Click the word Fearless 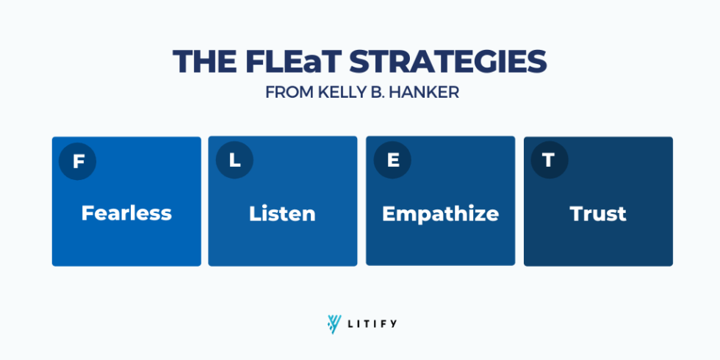coord(126,214)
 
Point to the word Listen coord(282,214)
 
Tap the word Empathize coord(440,214)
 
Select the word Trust coord(598,214)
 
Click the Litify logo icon coord(335,323)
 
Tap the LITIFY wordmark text coord(372,323)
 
